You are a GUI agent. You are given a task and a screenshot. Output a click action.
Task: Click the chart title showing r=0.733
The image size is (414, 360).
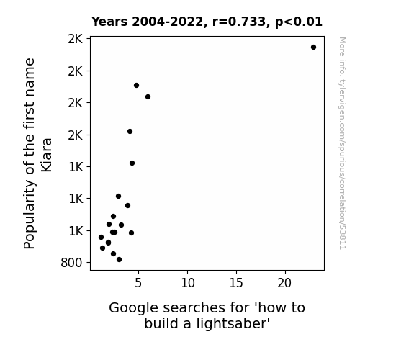click(x=207, y=22)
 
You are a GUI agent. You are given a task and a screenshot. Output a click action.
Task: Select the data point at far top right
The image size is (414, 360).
click(x=313, y=48)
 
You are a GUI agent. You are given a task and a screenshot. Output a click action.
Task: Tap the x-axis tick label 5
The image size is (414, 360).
click(x=138, y=283)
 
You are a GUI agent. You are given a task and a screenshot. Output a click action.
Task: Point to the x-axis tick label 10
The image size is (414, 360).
click(x=188, y=283)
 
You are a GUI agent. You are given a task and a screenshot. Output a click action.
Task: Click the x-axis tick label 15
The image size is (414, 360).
click(x=236, y=283)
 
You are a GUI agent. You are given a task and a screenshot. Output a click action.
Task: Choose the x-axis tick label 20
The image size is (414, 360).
click(x=284, y=283)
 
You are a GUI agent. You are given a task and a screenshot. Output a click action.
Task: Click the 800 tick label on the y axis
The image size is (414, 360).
click(x=71, y=263)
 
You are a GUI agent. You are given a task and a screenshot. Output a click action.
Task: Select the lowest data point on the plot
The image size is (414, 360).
click(x=119, y=260)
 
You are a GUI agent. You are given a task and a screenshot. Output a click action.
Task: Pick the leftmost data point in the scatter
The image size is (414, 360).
click(x=101, y=237)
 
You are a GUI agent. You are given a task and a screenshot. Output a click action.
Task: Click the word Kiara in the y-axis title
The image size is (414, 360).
click(x=47, y=155)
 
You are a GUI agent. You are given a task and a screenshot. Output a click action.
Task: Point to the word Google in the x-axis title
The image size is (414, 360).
click(x=134, y=308)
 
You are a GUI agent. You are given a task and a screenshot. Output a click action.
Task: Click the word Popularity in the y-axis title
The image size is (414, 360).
click(x=29, y=214)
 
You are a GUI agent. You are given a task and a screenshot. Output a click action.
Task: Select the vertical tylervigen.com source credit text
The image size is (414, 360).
click(x=343, y=143)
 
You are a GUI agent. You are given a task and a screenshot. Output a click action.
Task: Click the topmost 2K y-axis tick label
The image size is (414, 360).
click(x=76, y=39)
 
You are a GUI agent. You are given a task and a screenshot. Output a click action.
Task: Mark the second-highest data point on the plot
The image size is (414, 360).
click(x=136, y=85)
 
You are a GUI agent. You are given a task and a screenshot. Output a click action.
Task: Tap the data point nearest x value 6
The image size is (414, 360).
click(x=148, y=97)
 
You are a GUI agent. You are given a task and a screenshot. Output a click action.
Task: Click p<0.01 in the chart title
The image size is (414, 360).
click(x=299, y=22)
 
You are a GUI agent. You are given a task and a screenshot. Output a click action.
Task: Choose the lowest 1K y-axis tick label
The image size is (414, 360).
click(x=76, y=231)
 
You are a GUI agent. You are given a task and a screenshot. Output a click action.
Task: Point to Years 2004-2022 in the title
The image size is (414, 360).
click(x=148, y=22)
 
